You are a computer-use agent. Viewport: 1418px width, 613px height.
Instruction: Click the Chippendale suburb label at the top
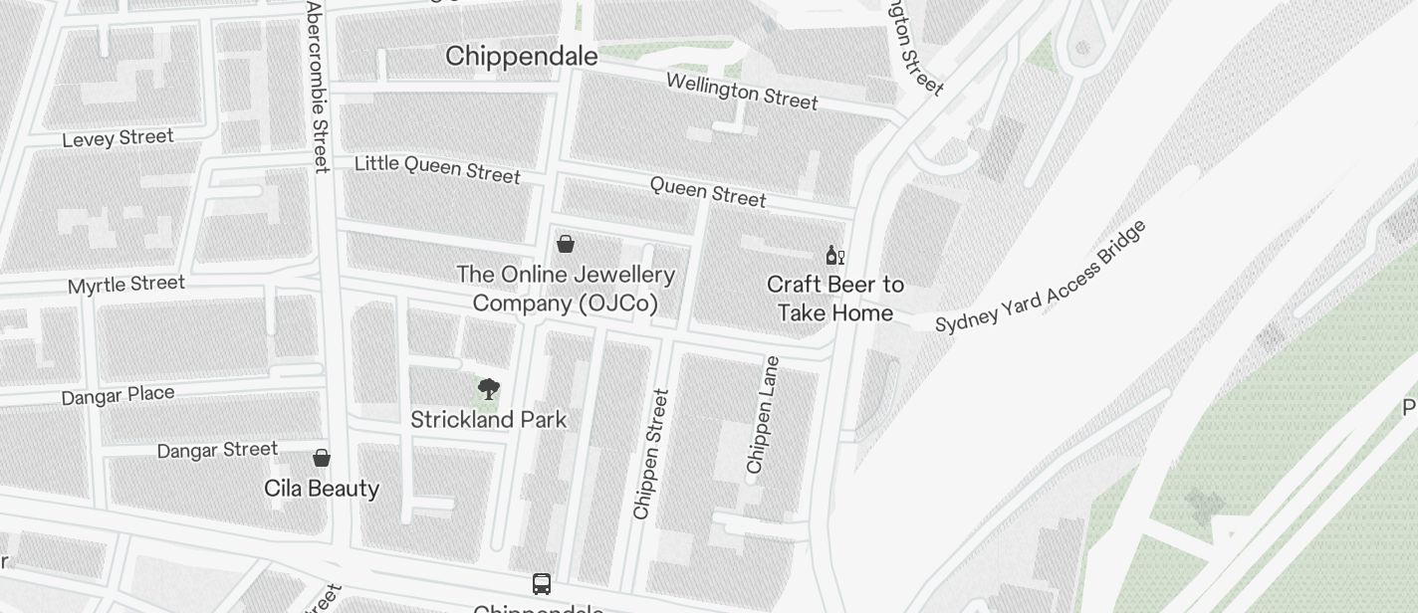[x=522, y=56]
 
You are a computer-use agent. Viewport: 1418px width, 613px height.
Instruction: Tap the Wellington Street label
[x=742, y=92]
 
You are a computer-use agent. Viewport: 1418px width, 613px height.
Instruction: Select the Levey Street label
[x=118, y=138]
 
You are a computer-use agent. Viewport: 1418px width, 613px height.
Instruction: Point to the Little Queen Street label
[x=437, y=168]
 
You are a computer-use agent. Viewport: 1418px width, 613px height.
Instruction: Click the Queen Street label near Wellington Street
[x=708, y=192]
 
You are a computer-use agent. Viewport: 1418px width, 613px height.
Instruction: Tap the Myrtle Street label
[x=126, y=285]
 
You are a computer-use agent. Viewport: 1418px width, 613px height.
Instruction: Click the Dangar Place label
[x=118, y=395]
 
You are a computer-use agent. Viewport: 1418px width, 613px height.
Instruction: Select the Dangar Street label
[x=217, y=450]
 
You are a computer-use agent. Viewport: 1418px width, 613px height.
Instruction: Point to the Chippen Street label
[x=651, y=454]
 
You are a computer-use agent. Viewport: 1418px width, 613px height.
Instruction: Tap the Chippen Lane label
[x=763, y=414]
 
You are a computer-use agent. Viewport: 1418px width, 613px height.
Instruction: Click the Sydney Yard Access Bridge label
[x=1042, y=277]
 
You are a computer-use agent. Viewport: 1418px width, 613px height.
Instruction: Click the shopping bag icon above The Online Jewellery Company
[x=566, y=244]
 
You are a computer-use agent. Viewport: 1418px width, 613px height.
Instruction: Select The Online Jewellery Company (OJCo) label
[x=566, y=289]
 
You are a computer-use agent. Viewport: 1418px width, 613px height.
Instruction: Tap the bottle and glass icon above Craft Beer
[x=834, y=256]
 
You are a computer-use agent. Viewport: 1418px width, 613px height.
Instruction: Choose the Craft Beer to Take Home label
[x=835, y=299]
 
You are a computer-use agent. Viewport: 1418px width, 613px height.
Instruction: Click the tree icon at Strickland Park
[x=488, y=389]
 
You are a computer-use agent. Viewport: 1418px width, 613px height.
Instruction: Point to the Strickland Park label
[x=489, y=420]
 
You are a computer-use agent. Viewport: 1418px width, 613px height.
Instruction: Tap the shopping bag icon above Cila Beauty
[x=322, y=458]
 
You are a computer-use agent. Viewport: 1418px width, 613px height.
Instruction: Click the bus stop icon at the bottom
[x=542, y=584]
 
